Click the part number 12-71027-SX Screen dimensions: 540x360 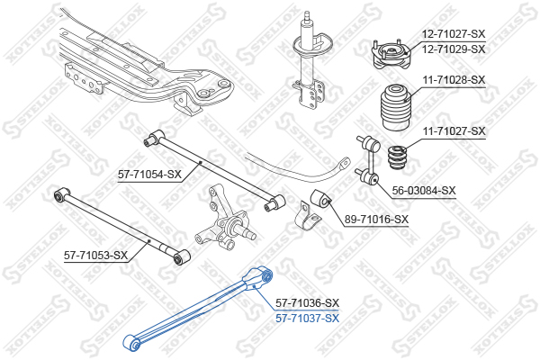click(x=454, y=34)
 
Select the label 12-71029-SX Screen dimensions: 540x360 click(x=454, y=49)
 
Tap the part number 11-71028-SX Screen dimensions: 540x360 click(x=454, y=80)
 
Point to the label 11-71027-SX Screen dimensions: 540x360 click(x=454, y=131)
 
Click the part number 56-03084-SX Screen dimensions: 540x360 click(x=424, y=191)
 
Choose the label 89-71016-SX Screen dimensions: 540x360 click(x=376, y=219)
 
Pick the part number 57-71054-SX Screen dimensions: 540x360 click(x=149, y=175)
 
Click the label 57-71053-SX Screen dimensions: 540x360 click(x=95, y=256)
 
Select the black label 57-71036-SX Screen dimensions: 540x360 click(x=307, y=303)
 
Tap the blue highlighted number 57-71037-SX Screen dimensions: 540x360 click(x=307, y=319)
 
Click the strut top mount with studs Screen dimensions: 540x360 click(x=391, y=54)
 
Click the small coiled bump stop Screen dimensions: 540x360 click(x=397, y=157)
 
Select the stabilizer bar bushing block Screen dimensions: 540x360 click(x=321, y=199)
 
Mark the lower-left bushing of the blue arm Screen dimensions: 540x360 click(x=132, y=343)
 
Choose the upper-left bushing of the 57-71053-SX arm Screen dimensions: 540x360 click(x=62, y=195)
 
